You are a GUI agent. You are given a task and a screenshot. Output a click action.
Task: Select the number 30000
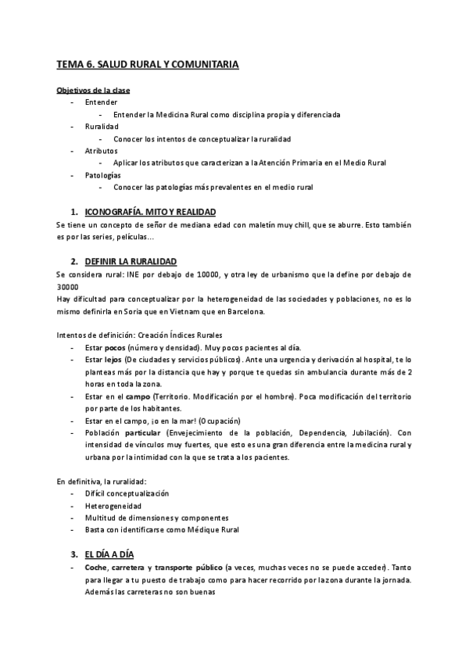click(x=69, y=286)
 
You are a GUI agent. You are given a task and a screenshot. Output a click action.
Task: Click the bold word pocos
click(x=115, y=347)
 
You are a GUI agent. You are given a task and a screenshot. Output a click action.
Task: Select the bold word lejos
click(x=114, y=359)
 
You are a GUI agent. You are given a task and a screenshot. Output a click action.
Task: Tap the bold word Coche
click(x=98, y=566)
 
